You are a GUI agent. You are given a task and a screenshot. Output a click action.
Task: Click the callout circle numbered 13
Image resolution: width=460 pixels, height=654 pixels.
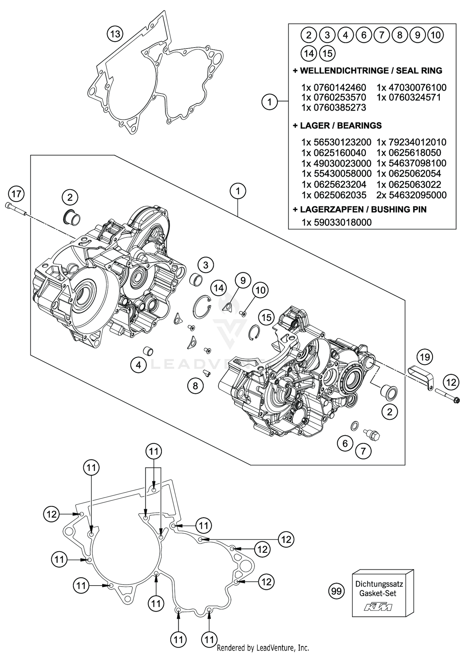115,34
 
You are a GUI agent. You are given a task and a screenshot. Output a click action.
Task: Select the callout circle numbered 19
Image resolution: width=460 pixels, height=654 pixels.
425,357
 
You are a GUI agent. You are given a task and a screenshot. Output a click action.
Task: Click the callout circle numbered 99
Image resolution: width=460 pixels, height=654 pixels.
336,591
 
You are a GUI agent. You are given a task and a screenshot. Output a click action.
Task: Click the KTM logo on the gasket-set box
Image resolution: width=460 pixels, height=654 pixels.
378,607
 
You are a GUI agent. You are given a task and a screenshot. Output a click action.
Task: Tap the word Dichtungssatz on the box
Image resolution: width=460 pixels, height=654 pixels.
379,584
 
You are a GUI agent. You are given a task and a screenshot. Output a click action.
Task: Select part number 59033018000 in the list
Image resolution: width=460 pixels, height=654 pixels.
343,222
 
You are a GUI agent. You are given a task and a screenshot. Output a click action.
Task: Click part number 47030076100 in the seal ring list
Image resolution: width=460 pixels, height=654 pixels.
417,88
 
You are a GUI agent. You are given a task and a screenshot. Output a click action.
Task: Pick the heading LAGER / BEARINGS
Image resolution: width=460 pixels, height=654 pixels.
337,125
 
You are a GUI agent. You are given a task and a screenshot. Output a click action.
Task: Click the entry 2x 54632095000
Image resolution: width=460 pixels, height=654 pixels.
411,195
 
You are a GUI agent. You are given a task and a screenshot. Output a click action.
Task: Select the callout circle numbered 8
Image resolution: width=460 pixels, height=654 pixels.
195,386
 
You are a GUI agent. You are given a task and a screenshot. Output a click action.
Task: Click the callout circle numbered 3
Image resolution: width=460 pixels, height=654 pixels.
205,265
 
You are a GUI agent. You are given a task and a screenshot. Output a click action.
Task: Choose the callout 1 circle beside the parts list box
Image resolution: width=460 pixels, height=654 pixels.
270,101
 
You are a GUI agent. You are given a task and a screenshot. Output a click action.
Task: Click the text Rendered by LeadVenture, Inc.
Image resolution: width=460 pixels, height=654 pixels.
263,648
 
